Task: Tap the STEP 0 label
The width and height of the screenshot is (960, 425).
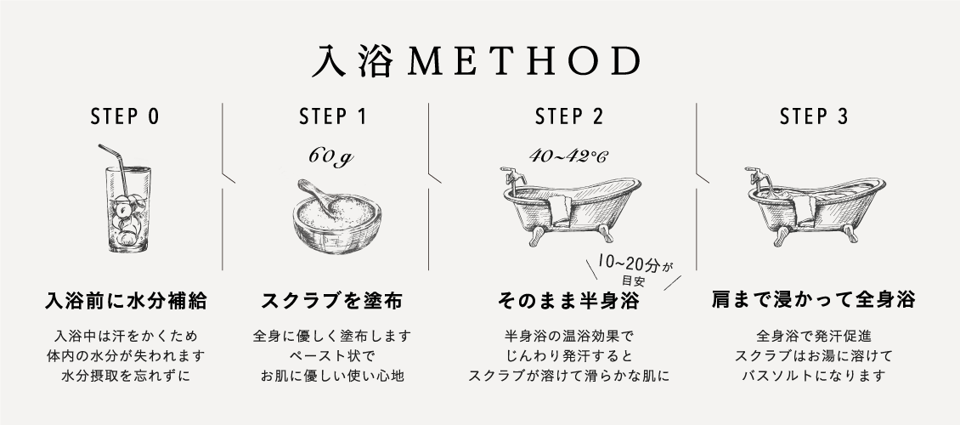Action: click(x=125, y=116)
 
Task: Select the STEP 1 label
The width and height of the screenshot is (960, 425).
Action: click(x=333, y=116)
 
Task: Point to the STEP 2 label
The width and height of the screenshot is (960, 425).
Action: click(x=568, y=116)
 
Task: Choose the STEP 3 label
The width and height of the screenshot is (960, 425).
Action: click(x=814, y=116)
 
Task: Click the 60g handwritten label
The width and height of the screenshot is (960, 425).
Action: click(x=330, y=157)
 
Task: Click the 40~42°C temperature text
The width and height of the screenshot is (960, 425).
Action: click(x=568, y=156)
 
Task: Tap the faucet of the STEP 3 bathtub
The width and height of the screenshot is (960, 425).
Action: click(x=757, y=178)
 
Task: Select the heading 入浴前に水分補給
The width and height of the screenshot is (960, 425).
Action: click(x=126, y=301)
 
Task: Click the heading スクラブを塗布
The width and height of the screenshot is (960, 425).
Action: click(x=332, y=301)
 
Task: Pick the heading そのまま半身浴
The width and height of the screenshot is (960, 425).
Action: click(x=568, y=301)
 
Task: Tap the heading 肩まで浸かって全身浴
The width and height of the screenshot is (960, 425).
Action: click(x=813, y=300)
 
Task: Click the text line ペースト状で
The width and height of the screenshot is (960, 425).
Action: click(x=332, y=356)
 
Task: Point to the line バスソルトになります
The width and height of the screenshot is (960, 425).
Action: click(x=814, y=376)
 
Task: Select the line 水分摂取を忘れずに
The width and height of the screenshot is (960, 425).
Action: click(x=126, y=376)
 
